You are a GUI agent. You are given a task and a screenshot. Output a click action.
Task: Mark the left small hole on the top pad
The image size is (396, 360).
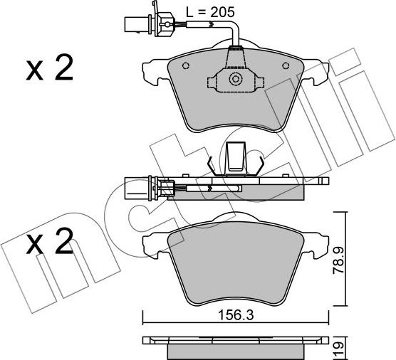(186, 68)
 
